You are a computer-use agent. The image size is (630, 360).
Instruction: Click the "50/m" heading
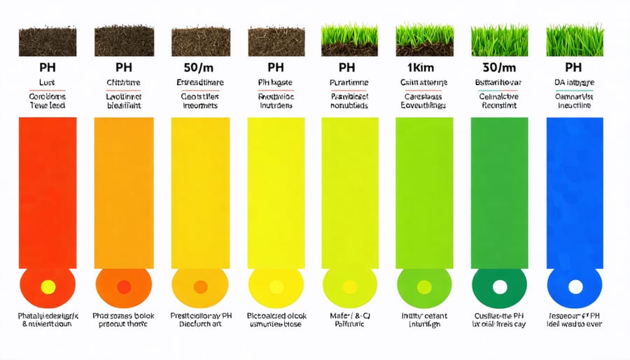(199, 69)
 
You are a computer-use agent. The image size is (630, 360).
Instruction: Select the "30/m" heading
(498, 69)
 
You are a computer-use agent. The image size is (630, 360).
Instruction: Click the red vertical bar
(48, 193)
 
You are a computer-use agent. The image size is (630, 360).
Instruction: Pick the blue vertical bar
(574, 193)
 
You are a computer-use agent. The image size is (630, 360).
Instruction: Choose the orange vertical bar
(123, 193)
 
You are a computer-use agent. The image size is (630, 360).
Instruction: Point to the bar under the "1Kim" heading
(424, 193)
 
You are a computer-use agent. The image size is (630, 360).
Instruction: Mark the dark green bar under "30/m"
(498, 193)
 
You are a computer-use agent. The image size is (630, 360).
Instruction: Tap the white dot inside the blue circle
(575, 286)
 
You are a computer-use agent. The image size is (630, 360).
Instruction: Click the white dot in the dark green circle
(500, 286)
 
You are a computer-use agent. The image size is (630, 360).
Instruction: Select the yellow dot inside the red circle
(48, 286)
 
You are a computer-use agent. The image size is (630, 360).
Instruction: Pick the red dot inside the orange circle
(124, 286)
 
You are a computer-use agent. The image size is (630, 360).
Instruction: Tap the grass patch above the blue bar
(573, 41)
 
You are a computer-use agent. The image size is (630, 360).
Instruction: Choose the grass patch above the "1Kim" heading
(424, 41)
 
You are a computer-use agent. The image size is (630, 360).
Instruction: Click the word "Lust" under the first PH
(48, 83)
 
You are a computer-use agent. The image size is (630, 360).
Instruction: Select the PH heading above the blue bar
(573, 69)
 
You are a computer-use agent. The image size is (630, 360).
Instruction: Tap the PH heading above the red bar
(48, 69)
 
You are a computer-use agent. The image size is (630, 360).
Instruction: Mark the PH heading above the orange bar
(123, 69)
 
